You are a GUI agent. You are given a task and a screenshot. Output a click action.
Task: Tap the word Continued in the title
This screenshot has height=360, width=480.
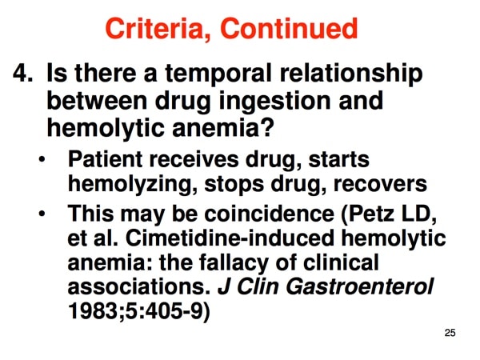[x=289, y=28]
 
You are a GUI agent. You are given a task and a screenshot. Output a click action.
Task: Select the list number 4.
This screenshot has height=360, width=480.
[x=22, y=73]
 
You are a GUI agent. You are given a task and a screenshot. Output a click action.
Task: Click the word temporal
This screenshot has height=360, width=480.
[x=218, y=74]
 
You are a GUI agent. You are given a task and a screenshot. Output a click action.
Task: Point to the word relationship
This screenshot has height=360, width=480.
[x=351, y=74]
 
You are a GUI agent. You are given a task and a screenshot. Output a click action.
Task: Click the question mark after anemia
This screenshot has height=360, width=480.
[x=266, y=127]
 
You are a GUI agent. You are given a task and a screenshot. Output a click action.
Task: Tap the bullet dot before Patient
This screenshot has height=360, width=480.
[x=42, y=159]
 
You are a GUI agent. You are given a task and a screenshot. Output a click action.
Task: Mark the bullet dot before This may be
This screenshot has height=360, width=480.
[x=42, y=213]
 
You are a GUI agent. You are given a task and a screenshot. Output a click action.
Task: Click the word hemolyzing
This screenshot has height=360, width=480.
[x=133, y=185]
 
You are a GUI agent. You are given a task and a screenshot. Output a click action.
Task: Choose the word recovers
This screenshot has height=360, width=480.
[x=380, y=185]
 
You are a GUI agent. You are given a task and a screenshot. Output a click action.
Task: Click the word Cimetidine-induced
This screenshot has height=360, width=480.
[x=230, y=238]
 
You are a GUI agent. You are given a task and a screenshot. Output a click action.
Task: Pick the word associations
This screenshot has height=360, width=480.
[x=139, y=287]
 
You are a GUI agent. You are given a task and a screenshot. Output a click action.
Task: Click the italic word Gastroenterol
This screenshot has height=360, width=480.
[x=360, y=287]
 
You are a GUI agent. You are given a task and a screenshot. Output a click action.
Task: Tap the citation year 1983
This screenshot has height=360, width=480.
[x=94, y=311]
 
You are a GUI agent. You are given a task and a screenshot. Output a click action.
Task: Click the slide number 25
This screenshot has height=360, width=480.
[x=450, y=333]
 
